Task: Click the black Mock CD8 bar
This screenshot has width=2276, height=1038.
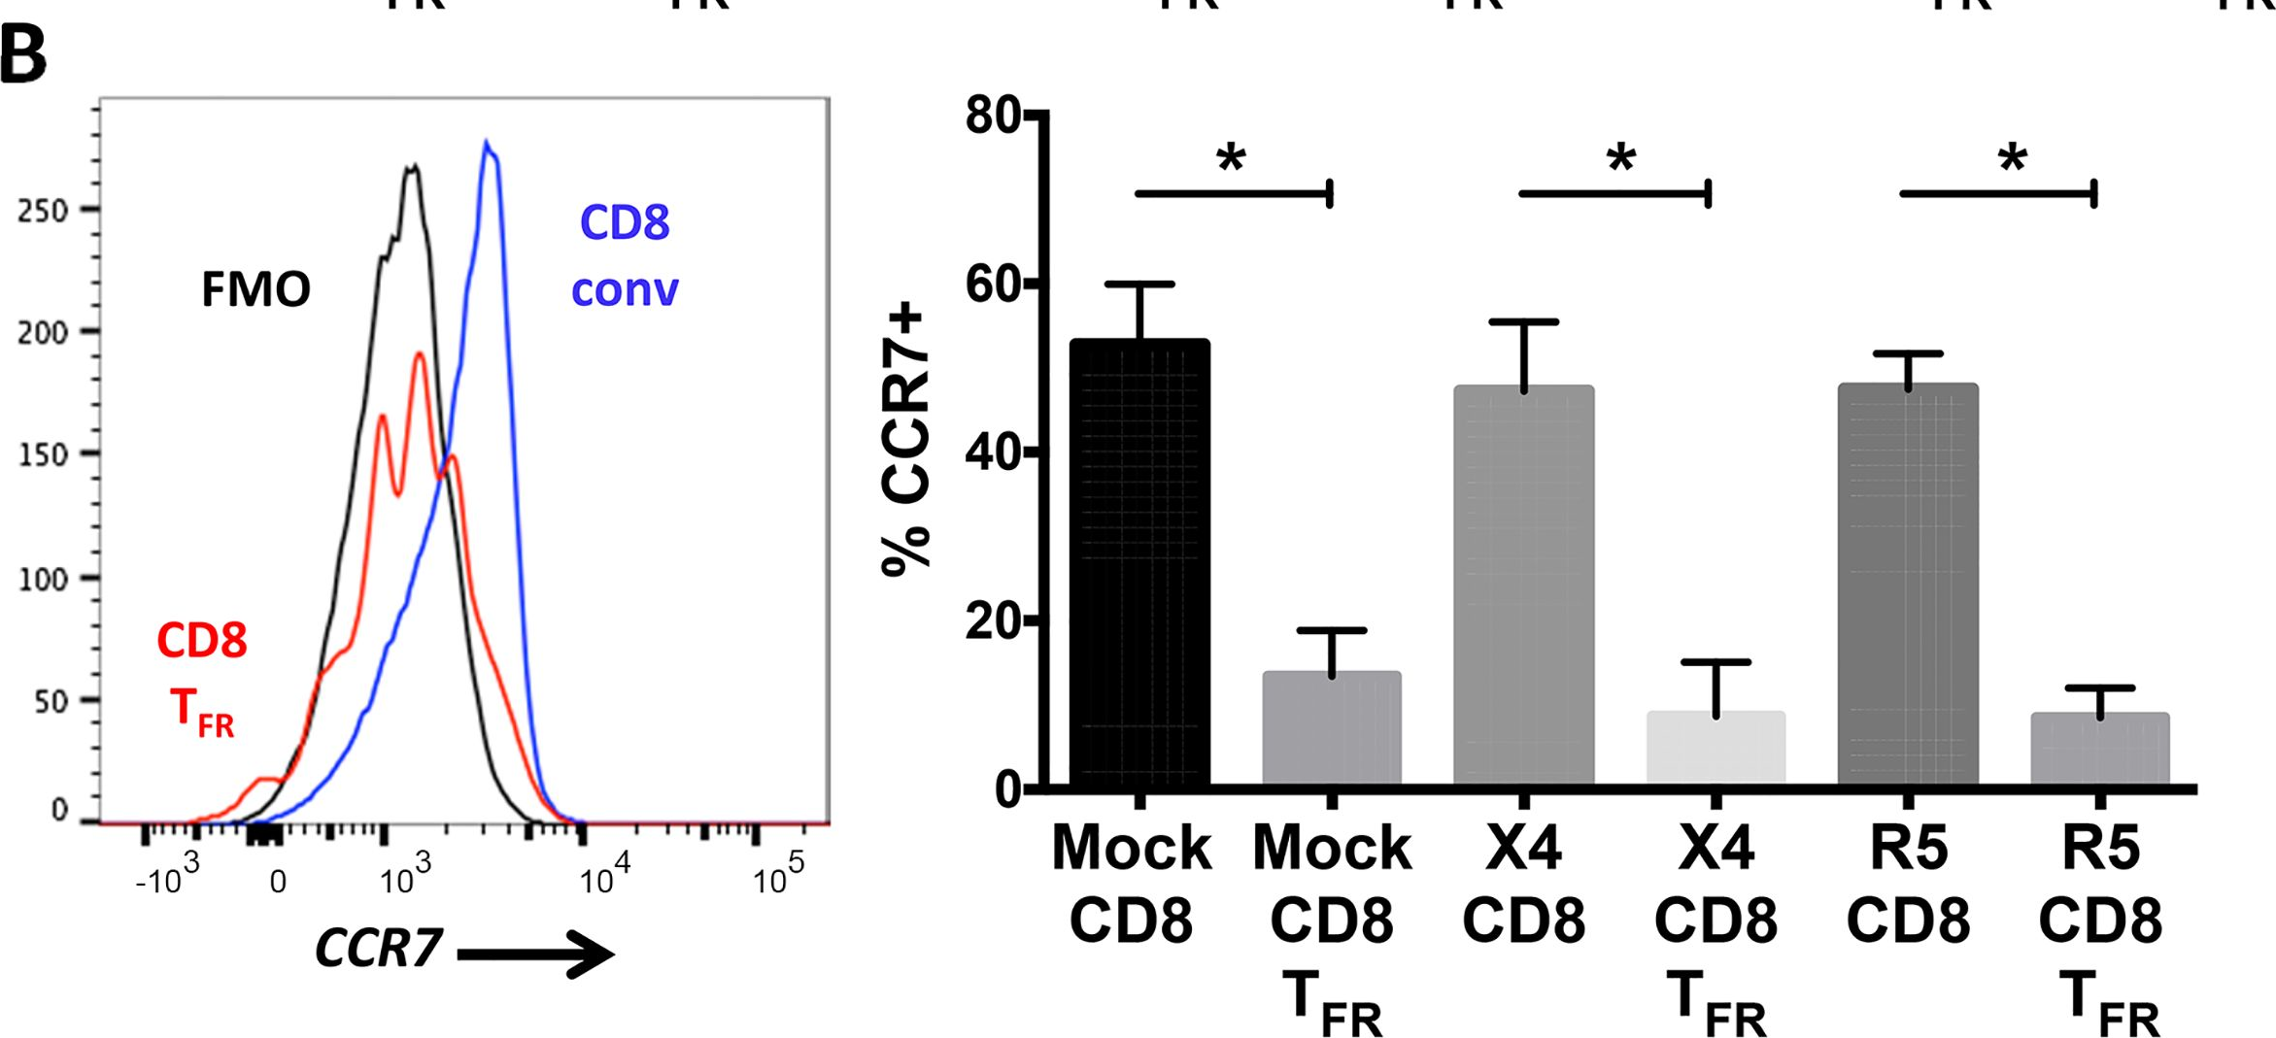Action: (1139, 563)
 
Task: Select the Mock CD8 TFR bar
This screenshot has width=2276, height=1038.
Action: (1332, 728)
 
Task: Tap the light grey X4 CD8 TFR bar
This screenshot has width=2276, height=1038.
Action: (1715, 748)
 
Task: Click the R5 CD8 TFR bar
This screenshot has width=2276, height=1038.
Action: (2100, 749)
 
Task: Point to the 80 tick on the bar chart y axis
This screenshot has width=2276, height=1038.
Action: (993, 116)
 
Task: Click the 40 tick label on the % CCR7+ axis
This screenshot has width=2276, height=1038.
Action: (993, 452)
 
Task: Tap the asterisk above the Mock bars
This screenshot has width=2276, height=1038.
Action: (1231, 157)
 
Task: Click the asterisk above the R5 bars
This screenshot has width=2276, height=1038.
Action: (2013, 157)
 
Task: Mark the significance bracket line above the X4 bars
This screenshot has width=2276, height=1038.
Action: (1613, 194)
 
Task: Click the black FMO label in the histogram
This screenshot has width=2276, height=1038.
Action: (255, 289)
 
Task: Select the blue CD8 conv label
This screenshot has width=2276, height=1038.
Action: (625, 255)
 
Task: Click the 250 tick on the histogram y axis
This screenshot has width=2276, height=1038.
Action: (43, 211)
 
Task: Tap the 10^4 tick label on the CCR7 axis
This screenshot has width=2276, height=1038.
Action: (603, 878)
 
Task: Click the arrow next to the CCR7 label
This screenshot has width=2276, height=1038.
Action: (534, 954)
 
